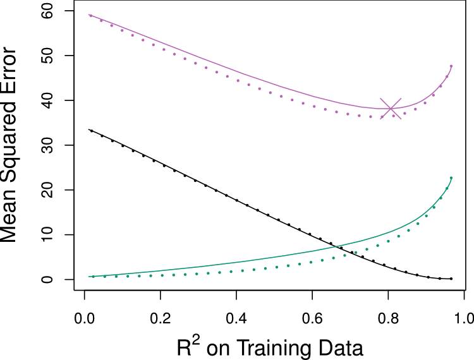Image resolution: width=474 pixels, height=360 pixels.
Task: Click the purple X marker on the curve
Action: pyautogui.click(x=391, y=109)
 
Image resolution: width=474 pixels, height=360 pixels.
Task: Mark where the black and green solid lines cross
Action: pyautogui.click(x=336, y=246)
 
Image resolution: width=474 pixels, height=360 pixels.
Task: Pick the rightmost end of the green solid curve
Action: pyautogui.click(x=451, y=177)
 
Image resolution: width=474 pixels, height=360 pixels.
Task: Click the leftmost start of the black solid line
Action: pyautogui.click(x=89, y=130)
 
